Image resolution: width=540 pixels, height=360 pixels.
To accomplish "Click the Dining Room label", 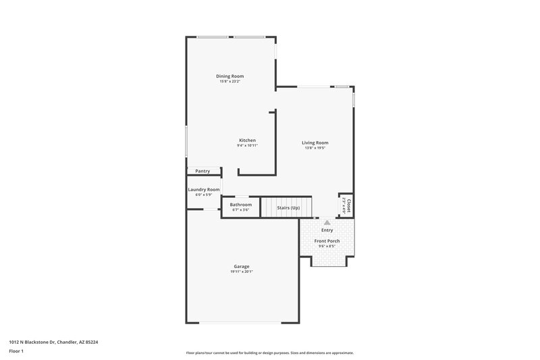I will pyautogui.click(x=230, y=76).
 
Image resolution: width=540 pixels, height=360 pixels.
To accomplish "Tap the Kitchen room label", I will pyautogui.click(x=246, y=140).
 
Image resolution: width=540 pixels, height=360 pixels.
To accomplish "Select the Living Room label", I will pyautogui.click(x=315, y=143).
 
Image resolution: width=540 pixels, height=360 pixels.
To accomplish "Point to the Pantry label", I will pyautogui.click(x=202, y=171).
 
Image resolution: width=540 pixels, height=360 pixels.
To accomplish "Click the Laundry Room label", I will pyautogui.click(x=203, y=190).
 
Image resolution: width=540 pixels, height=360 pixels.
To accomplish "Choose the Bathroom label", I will pyautogui.click(x=240, y=205).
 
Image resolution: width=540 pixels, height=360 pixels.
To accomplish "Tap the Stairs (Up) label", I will pyautogui.click(x=288, y=207).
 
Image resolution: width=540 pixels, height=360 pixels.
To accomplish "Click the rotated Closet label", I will pyautogui.click(x=348, y=205).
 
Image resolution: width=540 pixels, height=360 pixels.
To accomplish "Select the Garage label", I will pyautogui.click(x=241, y=266).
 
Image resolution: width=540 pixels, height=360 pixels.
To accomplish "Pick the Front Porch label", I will pyautogui.click(x=327, y=241).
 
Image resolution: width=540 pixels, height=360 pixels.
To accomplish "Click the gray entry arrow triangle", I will pyautogui.click(x=327, y=222).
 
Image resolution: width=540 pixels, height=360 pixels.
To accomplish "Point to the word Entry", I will pyautogui.click(x=327, y=230).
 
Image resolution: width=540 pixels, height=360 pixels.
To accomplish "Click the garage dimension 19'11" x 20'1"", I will pyautogui.click(x=241, y=272).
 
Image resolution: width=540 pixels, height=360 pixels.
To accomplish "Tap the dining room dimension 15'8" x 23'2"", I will pyautogui.click(x=230, y=82).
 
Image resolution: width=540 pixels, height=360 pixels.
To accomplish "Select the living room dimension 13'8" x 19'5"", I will pyautogui.click(x=315, y=148).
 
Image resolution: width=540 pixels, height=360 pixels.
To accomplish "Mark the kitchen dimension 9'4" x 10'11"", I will pyautogui.click(x=246, y=146).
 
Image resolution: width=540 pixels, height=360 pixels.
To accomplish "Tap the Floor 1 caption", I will pyautogui.click(x=17, y=352).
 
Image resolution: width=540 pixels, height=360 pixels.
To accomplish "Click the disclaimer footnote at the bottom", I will pyautogui.click(x=269, y=353).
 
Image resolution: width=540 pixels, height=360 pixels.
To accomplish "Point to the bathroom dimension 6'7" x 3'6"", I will pyautogui.click(x=240, y=210).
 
